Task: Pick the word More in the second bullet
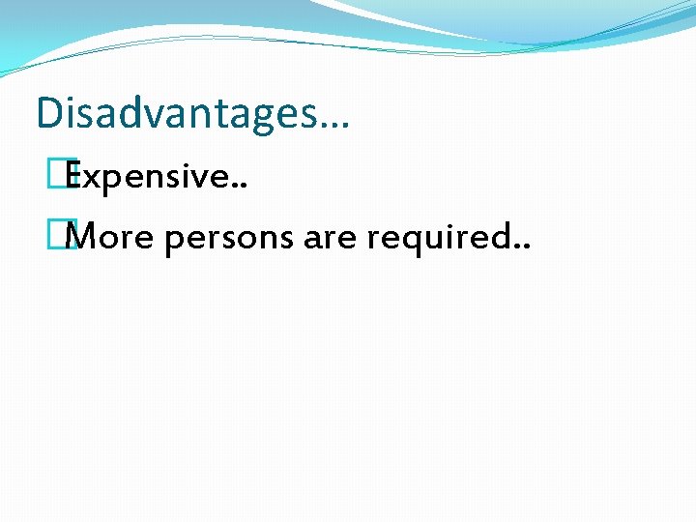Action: [x=111, y=236]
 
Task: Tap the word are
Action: [x=331, y=238]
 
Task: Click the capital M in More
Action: [x=85, y=236]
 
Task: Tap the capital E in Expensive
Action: [x=73, y=178]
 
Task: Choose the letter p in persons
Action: [x=174, y=241]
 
